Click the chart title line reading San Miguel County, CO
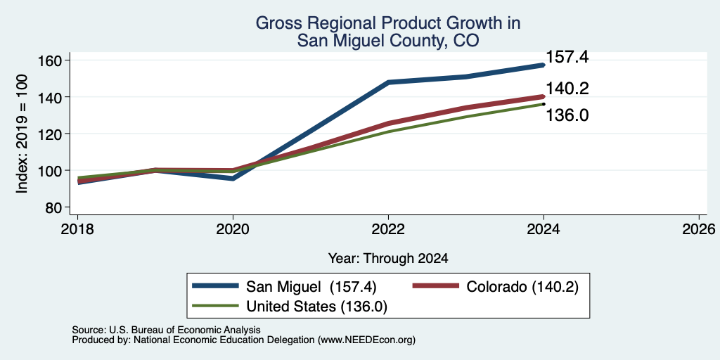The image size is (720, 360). tap(388, 41)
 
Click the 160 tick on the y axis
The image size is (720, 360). tap(51, 60)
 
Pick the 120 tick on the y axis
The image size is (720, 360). tap(51, 134)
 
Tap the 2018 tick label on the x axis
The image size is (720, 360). tap(77, 229)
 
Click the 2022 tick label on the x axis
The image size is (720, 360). tap(388, 229)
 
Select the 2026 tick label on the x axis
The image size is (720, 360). tap(699, 229)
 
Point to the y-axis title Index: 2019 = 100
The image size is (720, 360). tap(22, 134)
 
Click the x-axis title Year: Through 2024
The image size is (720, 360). tap(388, 259)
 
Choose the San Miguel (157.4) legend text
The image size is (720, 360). tap(311, 287)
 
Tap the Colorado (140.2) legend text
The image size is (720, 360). tap(522, 287)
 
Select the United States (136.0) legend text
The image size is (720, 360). tap(317, 307)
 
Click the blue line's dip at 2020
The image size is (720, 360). tap(233, 178)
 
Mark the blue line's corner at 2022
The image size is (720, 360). tap(388, 82)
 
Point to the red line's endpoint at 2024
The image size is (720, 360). tap(544, 96)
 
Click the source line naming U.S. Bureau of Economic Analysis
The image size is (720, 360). tap(166, 330)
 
